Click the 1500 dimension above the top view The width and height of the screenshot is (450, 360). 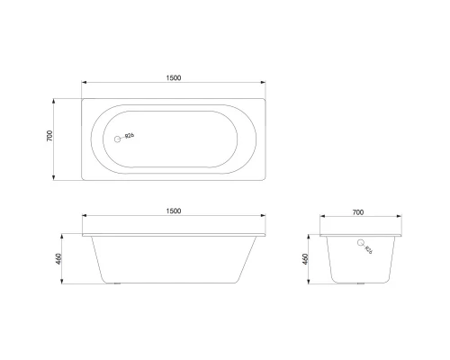pos(174,77)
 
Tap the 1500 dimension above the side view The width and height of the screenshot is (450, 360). pos(174,211)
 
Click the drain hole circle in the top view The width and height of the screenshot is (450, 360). pos(115,138)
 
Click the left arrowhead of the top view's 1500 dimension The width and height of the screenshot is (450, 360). pos(84,85)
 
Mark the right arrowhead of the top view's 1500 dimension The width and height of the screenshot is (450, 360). pos(265,85)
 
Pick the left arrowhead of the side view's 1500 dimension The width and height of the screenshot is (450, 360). pos(84,219)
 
